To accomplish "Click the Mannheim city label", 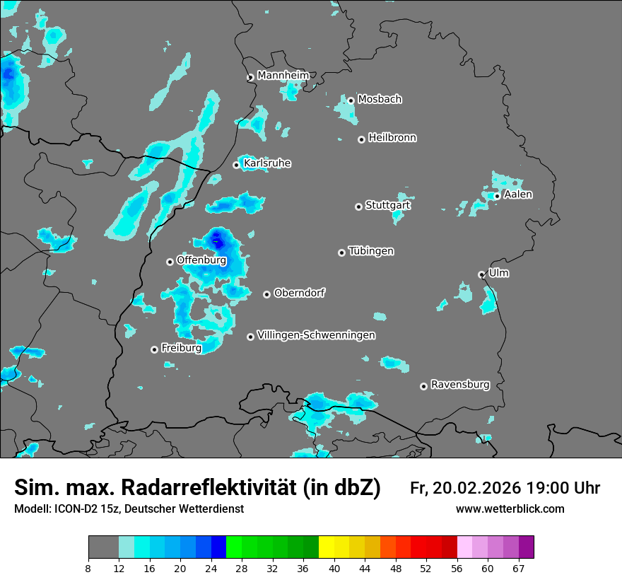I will point(283,75).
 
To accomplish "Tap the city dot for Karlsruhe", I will point(237,165).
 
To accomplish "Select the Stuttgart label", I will point(387,205).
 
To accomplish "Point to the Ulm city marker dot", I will point(481,274).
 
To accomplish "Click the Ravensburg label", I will point(460,385).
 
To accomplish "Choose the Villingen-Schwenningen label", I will point(316,335).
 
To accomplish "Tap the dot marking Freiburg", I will point(154,349).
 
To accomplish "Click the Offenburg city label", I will point(201,260).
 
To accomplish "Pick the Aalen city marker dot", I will point(497,196).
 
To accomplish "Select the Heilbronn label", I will point(392,138).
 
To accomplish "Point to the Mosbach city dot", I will point(350,100).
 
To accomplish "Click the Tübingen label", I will point(371,251).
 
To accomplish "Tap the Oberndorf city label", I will point(299,293).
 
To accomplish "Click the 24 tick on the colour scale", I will point(210,568).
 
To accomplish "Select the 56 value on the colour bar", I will point(457,568).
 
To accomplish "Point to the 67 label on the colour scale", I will point(519,568).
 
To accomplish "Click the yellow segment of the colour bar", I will point(326,547).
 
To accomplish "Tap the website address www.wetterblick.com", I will point(510,508).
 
